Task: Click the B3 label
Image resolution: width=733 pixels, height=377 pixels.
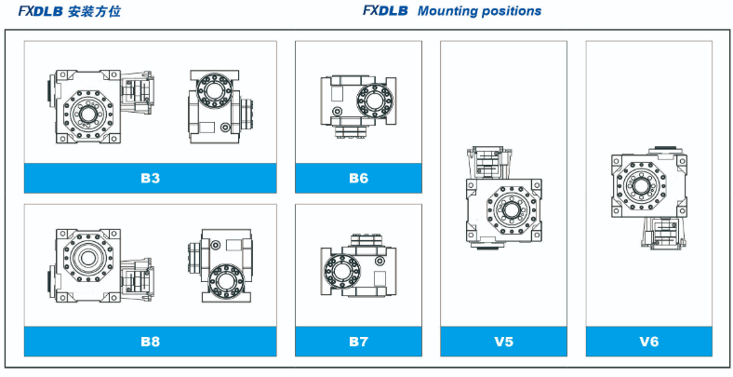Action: click(x=150, y=178)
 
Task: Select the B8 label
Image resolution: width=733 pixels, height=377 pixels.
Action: click(x=150, y=342)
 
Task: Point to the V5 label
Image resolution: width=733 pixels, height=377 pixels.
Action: click(x=504, y=342)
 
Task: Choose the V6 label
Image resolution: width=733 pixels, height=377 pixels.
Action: click(x=648, y=342)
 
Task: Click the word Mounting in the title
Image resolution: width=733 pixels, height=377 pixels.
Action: click(x=451, y=12)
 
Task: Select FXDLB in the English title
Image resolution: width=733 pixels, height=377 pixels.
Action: click(x=386, y=12)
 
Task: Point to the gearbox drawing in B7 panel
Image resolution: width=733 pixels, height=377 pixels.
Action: click(x=357, y=266)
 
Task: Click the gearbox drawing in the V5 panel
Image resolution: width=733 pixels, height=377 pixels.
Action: click(x=502, y=199)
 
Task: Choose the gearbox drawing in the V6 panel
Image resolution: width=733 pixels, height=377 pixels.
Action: click(x=648, y=195)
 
